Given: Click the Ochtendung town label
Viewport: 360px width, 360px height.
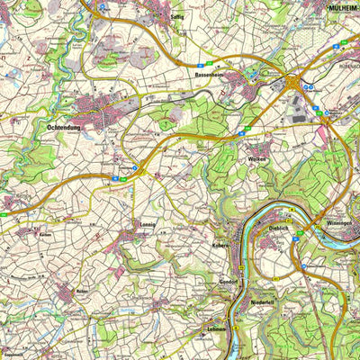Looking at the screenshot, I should point(63,129).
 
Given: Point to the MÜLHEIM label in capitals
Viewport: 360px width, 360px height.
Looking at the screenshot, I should point(340,5).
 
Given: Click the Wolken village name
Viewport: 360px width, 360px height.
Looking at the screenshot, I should point(254,157).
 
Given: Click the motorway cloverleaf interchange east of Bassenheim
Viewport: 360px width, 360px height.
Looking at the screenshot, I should point(293,85).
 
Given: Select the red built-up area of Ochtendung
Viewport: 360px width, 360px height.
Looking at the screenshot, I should point(94,112).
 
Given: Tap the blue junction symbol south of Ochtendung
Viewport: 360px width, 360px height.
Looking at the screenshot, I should point(136,167).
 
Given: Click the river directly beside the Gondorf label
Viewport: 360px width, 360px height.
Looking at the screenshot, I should point(236,281).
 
